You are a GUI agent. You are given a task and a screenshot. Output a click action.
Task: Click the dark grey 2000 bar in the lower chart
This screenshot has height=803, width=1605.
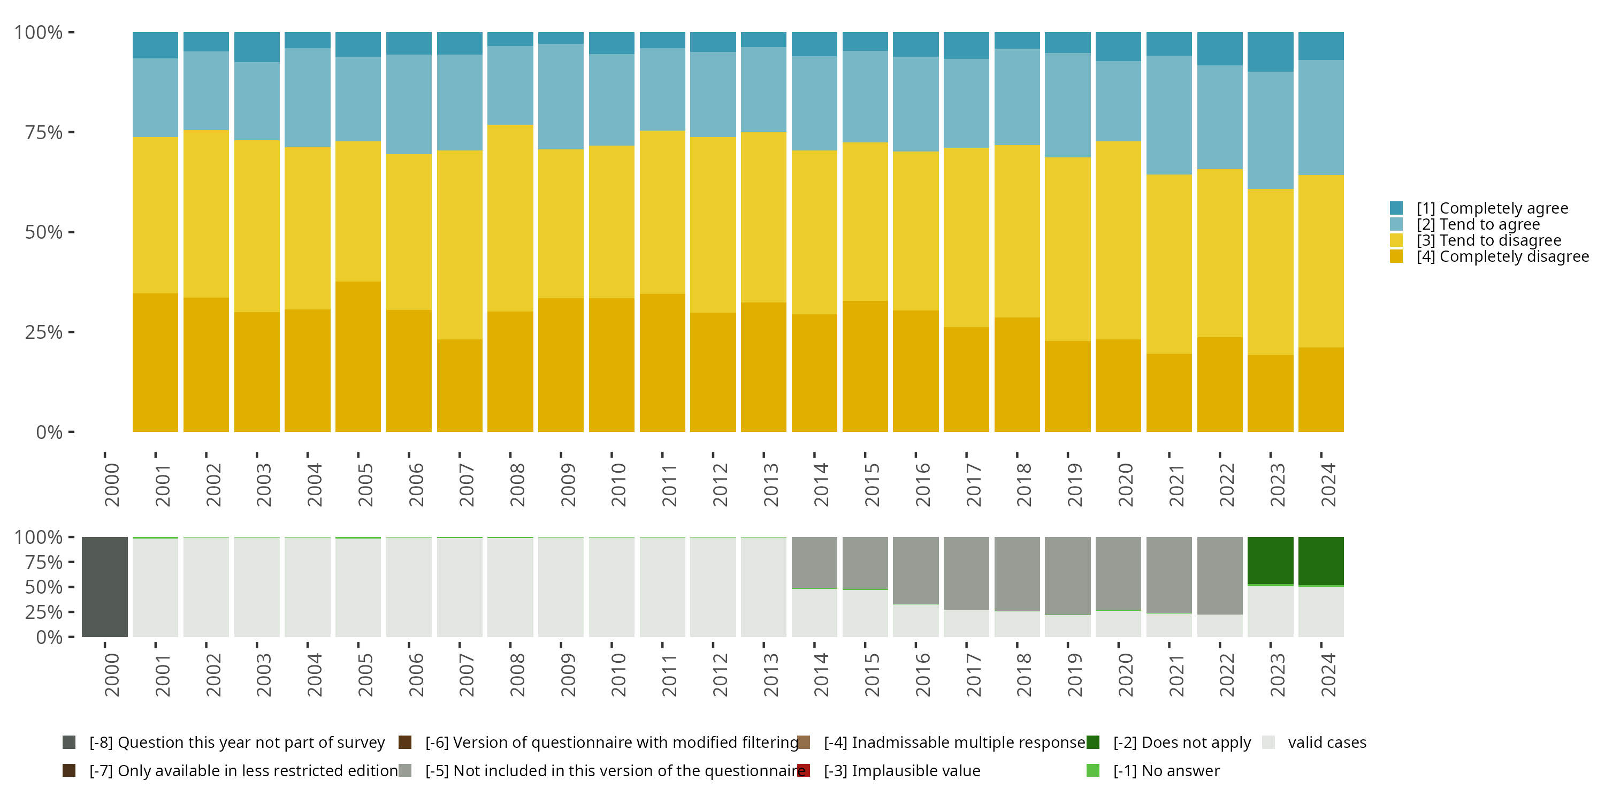(105, 587)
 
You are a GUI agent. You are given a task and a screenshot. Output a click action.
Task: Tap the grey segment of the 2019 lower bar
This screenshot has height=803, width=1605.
(1067, 575)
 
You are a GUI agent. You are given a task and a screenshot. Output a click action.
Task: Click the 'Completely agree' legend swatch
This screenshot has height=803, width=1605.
(1396, 208)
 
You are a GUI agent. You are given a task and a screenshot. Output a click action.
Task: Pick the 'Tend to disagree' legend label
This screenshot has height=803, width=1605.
(1488, 241)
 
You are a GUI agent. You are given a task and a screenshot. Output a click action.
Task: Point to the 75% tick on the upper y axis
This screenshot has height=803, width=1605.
(71, 132)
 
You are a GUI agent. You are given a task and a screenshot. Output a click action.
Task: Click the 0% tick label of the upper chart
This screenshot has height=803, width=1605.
(49, 432)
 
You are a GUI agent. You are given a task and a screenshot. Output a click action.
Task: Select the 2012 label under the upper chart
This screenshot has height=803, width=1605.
(720, 484)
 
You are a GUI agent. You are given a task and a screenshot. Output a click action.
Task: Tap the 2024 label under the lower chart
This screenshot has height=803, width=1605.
(1328, 675)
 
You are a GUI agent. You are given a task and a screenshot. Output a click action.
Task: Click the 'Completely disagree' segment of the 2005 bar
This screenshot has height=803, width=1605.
(358, 357)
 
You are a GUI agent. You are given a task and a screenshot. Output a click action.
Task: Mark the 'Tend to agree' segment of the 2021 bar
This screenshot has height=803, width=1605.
(1169, 115)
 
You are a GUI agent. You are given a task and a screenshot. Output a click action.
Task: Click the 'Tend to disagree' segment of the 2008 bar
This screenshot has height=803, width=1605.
(510, 218)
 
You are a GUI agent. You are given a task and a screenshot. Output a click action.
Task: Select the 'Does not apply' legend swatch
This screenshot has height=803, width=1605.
(1093, 743)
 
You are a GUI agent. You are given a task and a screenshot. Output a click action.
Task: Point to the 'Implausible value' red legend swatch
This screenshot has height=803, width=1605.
(804, 770)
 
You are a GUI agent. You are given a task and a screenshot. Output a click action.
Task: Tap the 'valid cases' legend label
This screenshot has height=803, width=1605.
(1326, 743)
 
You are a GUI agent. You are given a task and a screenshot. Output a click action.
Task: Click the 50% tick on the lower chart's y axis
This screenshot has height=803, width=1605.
(71, 587)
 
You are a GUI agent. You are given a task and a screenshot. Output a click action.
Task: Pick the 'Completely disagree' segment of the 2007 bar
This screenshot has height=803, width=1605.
(460, 385)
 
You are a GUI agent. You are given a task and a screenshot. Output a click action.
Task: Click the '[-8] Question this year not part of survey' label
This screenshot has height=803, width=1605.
(237, 743)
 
